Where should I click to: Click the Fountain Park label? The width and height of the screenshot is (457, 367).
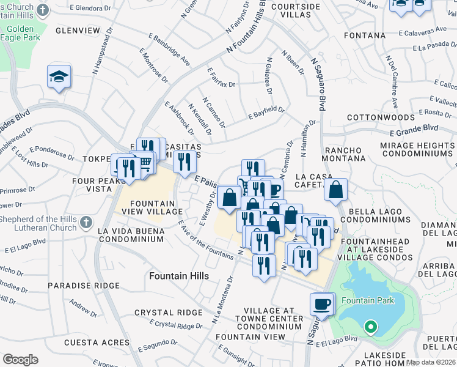point(368,300)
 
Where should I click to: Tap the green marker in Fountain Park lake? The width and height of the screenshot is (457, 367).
point(370,327)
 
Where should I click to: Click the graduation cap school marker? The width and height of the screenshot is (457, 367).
point(59,76)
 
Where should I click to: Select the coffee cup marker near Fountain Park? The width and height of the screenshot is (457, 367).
point(322,303)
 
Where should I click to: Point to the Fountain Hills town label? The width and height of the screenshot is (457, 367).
point(179,276)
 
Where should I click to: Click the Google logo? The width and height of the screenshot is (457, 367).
point(20,360)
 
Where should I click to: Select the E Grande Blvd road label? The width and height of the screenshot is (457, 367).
point(415,129)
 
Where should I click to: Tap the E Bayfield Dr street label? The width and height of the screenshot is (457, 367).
point(266,112)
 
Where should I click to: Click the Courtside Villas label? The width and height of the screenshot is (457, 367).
point(296,11)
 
